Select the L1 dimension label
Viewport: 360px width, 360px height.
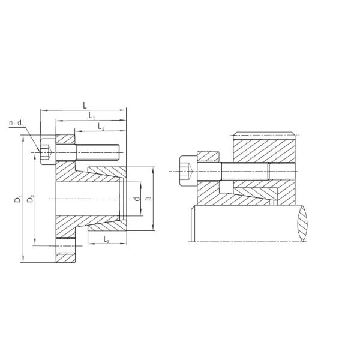[x=91, y=115]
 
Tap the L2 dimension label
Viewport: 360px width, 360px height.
[x=100, y=126]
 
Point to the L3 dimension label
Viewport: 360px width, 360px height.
[x=106, y=240]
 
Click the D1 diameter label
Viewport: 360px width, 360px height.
[x=19, y=199]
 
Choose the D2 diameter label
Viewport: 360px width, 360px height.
[x=31, y=199]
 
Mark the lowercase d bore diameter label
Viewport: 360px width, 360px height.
[x=137, y=199]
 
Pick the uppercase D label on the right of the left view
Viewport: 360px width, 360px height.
[x=148, y=199]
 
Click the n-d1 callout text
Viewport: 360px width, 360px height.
[x=16, y=124]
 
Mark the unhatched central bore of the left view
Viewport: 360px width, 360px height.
[x=90, y=199]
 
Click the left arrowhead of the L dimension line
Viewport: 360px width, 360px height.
[x=42, y=110]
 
